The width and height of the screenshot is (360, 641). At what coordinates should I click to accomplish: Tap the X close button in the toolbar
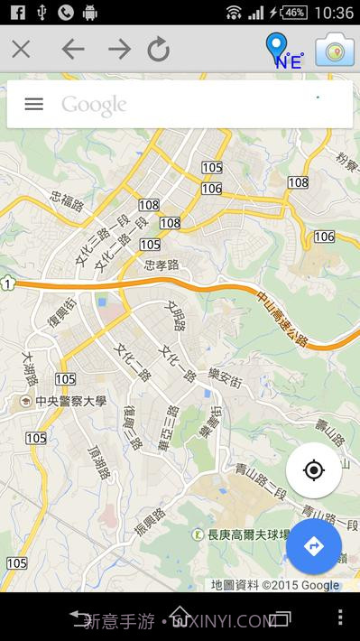point(21,50)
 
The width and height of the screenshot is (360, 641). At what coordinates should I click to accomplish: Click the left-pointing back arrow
point(73,50)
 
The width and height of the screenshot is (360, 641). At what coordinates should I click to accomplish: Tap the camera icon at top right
point(334,51)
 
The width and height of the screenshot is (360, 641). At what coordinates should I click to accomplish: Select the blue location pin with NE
point(281,51)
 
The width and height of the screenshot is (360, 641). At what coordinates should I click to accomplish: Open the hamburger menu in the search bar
point(33,104)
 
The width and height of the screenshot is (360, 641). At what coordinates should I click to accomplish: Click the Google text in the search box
point(94,105)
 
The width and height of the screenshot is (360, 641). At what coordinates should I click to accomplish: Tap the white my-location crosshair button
point(313,470)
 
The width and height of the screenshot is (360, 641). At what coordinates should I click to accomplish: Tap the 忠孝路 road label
point(162,265)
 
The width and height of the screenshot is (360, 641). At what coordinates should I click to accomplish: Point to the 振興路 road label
point(150,525)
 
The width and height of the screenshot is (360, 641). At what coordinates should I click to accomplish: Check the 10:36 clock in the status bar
point(335,13)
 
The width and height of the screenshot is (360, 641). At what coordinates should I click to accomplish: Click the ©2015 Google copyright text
point(300,585)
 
